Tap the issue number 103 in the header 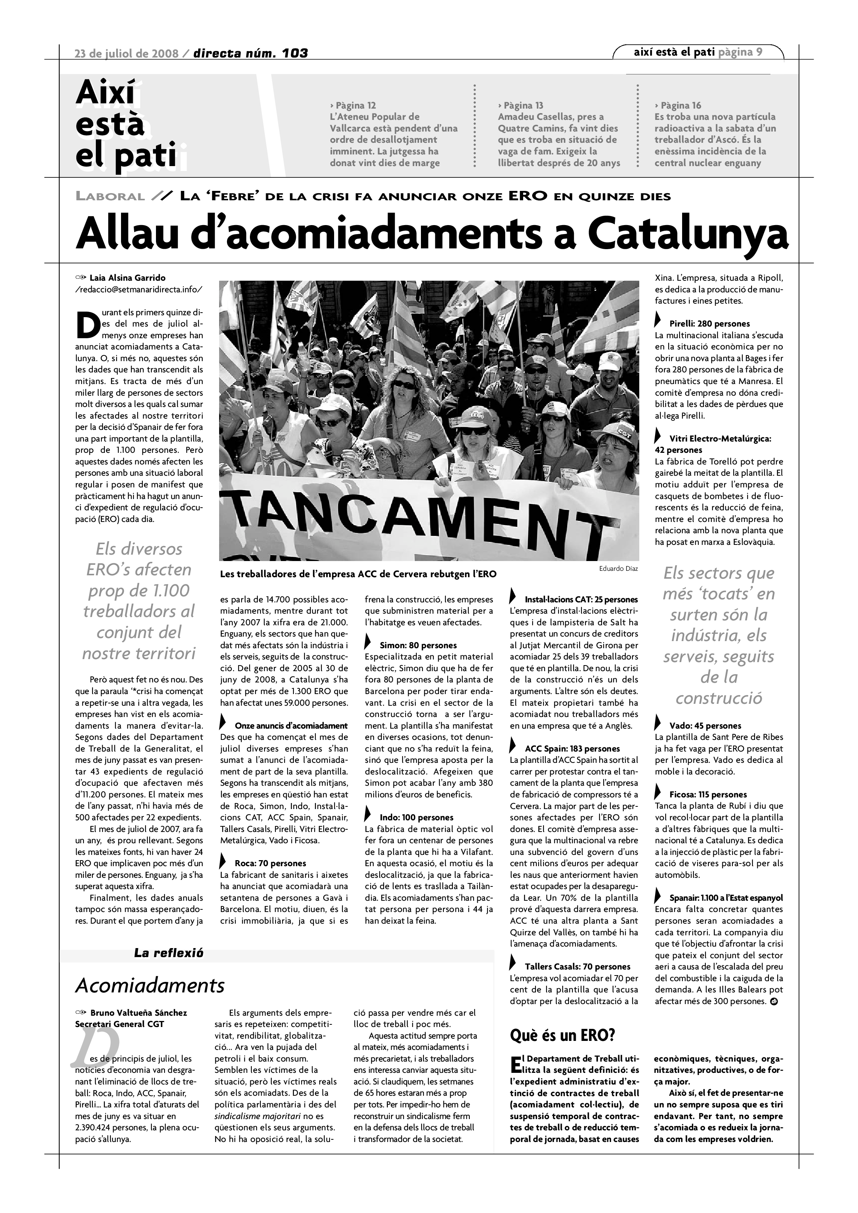click(295, 53)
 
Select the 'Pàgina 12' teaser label click(353, 105)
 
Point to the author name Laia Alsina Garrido click(127, 278)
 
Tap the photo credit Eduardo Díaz click(618, 569)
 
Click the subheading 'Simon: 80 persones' click(418, 645)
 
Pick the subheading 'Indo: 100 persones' click(416, 818)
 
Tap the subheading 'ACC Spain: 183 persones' click(572, 749)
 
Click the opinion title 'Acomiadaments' click(150, 985)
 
